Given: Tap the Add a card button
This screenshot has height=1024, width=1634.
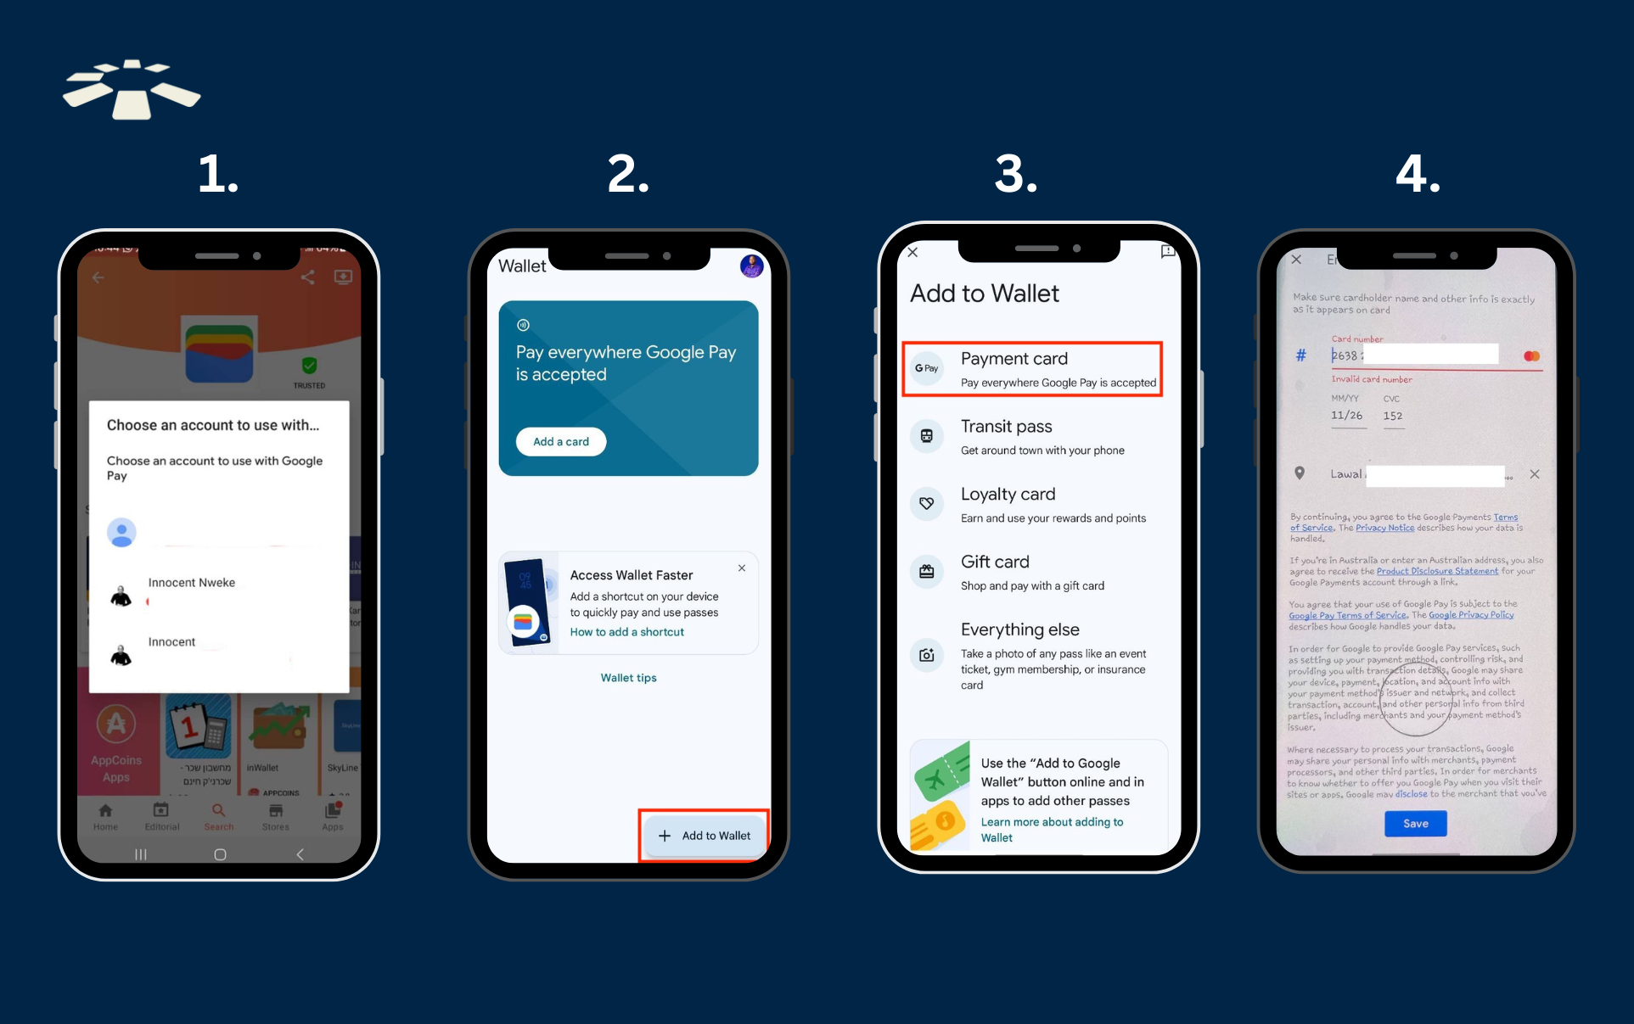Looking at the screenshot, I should tap(560, 441).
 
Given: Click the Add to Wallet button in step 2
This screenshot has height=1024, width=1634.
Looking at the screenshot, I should tap(705, 836).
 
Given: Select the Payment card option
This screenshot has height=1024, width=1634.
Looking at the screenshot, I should tap(1031, 369).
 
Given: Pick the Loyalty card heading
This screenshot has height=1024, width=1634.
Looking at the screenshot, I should tap(1008, 494).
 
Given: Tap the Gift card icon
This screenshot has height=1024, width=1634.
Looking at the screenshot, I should tap(926, 572).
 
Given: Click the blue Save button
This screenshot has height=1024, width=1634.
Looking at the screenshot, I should tap(1415, 823).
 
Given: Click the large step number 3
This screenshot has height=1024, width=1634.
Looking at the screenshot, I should tap(1016, 174).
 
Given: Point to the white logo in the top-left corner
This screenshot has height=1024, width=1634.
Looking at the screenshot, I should tap(132, 89).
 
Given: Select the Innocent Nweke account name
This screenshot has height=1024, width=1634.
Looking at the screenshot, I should tap(192, 583).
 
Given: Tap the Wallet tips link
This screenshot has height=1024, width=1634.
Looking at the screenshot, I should tap(628, 678).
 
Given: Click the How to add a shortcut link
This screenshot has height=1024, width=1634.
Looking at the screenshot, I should tap(626, 632).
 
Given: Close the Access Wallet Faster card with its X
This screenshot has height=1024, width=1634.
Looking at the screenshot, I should tap(742, 568).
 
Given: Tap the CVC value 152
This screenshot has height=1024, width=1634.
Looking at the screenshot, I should tap(1392, 416).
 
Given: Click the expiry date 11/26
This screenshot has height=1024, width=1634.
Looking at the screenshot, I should tap(1346, 416).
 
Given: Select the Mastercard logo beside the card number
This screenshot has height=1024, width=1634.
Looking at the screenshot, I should tap(1531, 356).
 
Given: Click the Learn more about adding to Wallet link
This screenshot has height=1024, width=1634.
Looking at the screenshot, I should tap(1051, 830).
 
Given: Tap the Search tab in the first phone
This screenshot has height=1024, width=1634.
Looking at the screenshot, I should tap(218, 816).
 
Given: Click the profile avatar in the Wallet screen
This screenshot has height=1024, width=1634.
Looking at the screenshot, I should tap(751, 266).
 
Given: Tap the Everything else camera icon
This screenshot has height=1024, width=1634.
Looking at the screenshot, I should tap(926, 655).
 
